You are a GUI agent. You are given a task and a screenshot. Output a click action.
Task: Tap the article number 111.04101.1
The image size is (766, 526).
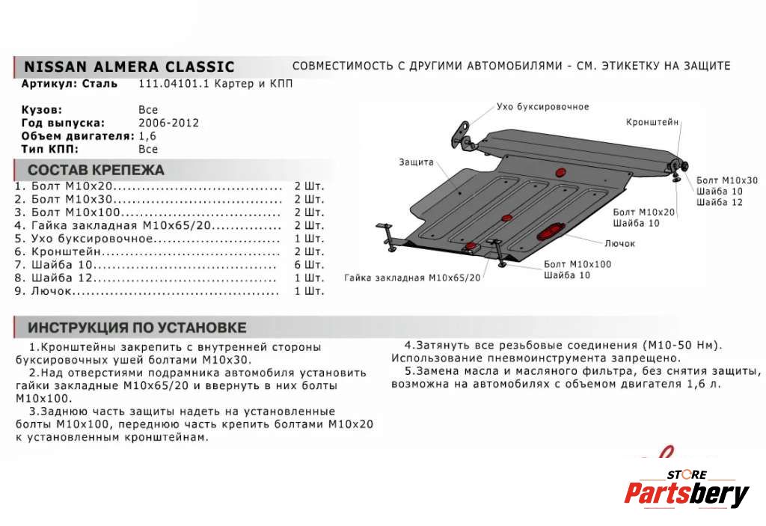pyautogui.click(x=171, y=84)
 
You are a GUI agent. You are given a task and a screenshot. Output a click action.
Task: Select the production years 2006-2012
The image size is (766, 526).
pyautogui.click(x=168, y=123)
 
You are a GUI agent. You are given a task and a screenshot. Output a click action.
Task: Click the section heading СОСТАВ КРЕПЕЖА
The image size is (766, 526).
pyautogui.click(x=96, y=170)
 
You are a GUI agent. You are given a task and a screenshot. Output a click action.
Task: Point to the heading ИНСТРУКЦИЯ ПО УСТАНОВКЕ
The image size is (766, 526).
pyautogui.click(x=137, y=328)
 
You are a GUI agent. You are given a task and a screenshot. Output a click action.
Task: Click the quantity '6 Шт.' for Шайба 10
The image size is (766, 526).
pyautogui.click(x=309, y=265)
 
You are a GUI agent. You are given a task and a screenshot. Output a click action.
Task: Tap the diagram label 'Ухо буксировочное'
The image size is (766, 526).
pyautogui.click(x=542, y=107)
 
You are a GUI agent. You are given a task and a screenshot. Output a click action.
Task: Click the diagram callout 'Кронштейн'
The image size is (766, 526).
pyautogui.click(x=652, y=121)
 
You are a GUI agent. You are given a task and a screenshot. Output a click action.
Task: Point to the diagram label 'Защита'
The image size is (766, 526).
pyautogui.click(x=416, y=162)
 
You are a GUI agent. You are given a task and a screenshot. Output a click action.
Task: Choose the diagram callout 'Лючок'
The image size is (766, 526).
pyautogui.click(x=620, y=243)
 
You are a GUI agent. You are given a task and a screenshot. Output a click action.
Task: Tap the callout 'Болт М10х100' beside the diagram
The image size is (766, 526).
pyautogui.click(x=577, y=264)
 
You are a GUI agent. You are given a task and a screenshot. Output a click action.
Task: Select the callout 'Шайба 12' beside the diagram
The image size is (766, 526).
pyautogui.click(x=719, y=202)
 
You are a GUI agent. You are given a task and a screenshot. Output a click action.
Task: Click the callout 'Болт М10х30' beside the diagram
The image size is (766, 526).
pyautogui.click(x=726, y=180)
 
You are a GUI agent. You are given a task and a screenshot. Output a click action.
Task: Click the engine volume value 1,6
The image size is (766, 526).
pyautogui.click(x=147, y=136)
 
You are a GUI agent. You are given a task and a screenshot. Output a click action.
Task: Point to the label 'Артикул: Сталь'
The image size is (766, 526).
pyautogui.click(x=69, y=84)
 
